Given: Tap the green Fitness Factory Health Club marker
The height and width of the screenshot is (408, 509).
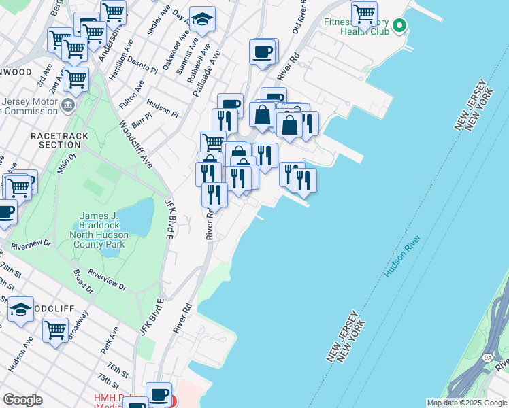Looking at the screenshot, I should pos(399,27).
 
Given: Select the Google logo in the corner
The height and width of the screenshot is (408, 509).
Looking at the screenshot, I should pos(22,400).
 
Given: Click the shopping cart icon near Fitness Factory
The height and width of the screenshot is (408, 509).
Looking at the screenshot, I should pos(365,13).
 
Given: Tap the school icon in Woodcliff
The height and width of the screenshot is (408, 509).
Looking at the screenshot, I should pos(20,309).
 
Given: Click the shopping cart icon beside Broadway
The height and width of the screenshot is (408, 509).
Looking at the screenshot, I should pos(55,330).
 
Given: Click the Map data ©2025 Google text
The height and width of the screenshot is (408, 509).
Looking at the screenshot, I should pos(466,403).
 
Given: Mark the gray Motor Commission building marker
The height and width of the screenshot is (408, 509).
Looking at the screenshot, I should pos(68,105).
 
